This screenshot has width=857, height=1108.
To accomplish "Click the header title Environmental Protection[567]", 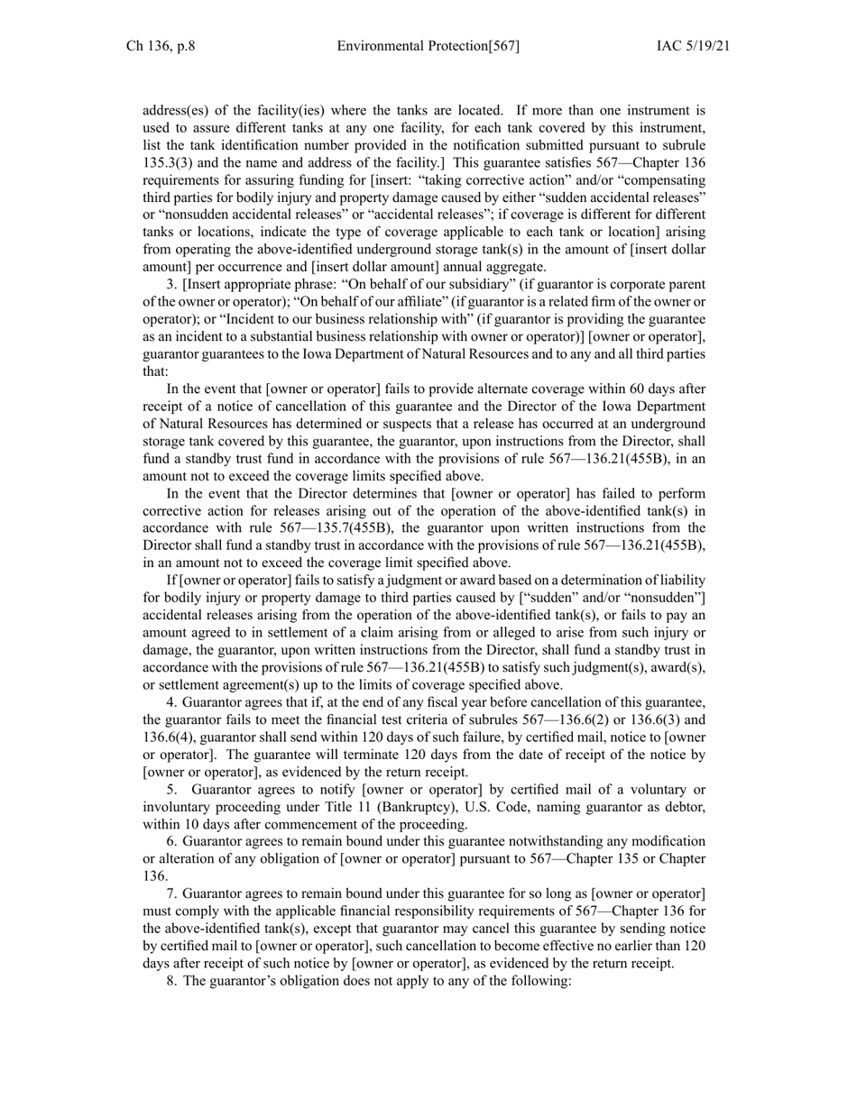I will point(428,46).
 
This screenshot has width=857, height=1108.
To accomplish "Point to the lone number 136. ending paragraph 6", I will point(154,876).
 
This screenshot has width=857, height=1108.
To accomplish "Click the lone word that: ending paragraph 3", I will point(155,371).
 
